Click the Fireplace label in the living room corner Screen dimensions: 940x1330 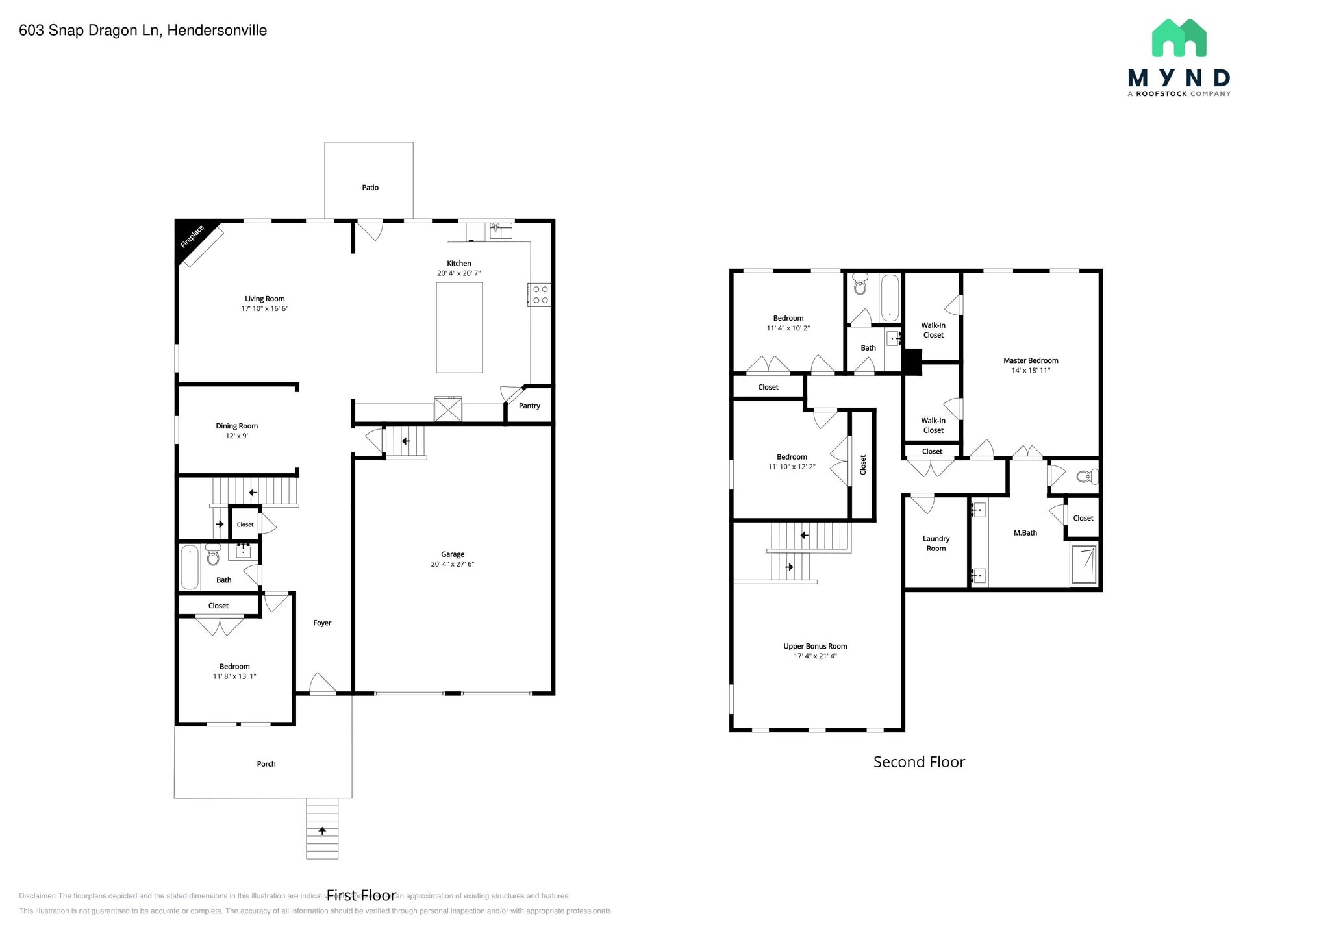tap(192, 237)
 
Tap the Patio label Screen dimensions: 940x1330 tap(370, 188)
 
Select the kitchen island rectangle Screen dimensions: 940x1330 tap(459, 327)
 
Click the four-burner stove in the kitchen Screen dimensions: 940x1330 tap(540, 295)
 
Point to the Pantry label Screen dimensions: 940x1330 tap(529, 406)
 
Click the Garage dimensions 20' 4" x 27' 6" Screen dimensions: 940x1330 tap(453, 564)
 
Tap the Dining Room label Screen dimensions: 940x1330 tap(236, 426)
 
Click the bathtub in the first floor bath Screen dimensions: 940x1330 tap(190, 567)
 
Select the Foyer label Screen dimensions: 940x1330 tap(322, 623)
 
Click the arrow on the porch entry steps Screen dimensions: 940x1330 tap(322, 831)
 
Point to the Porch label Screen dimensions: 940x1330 tap(266, 764)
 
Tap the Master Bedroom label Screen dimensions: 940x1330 tap(1031, 360)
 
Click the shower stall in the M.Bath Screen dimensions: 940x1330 tap(1084, 564)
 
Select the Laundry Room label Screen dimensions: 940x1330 tap(936, 543)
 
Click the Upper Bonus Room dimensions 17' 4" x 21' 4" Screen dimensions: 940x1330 tap(815, 656)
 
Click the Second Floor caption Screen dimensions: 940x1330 tap(919, 762)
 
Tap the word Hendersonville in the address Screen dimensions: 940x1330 tap(217, 31)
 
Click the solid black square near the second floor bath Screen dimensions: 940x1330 tap(912, 362)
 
